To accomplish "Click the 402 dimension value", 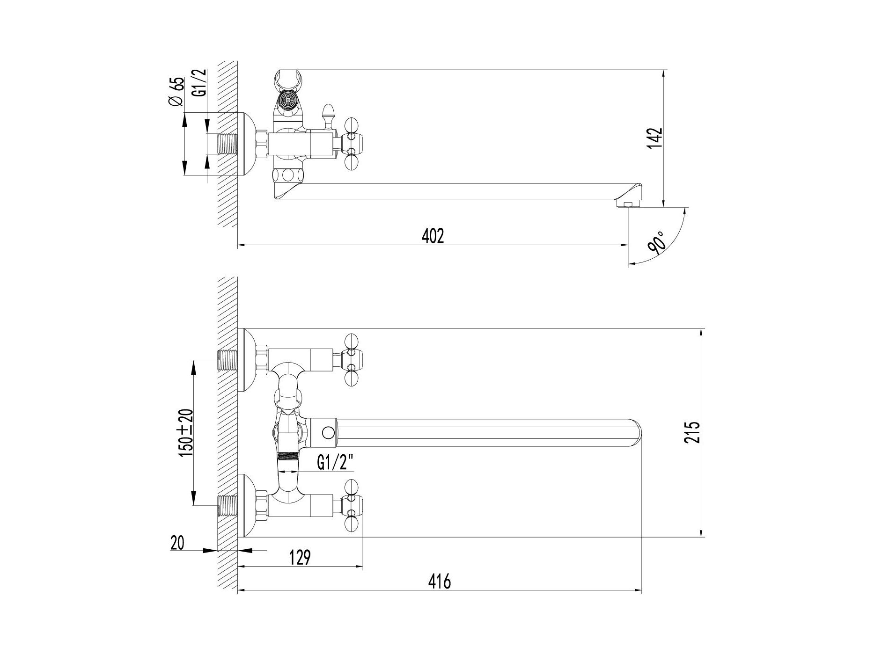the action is (433, 236).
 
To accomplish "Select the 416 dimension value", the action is (440, 582).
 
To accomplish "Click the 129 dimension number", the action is (300, 557).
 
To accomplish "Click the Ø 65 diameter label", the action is (176, 93).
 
